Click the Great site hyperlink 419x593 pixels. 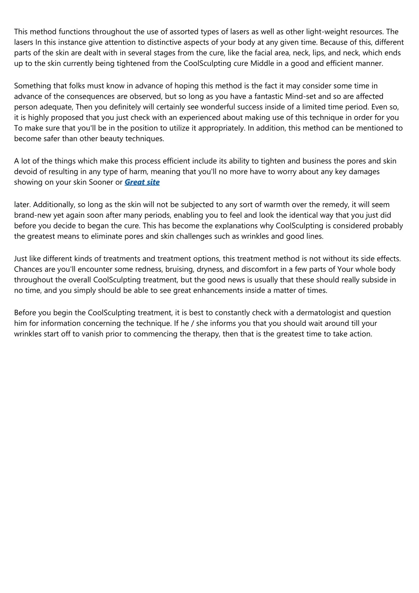tap(142, 182)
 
